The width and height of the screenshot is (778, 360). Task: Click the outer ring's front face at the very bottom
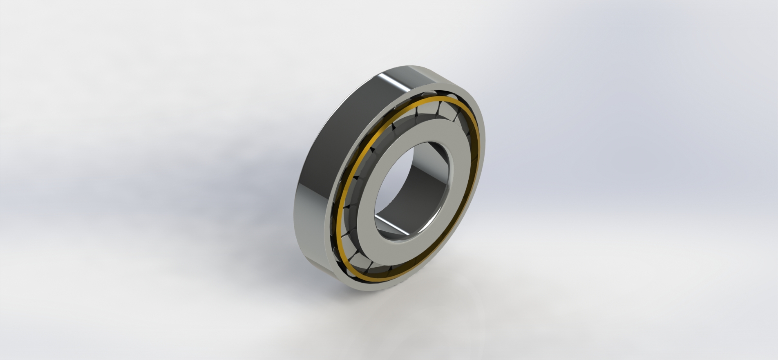368,286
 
